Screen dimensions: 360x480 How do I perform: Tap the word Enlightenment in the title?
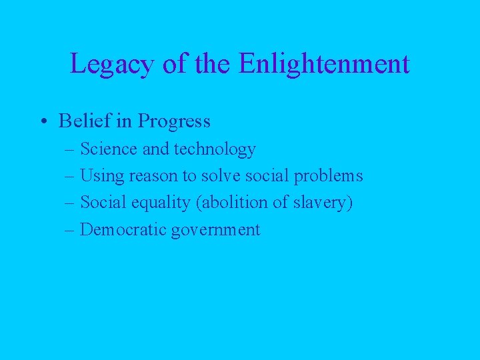[323, 64]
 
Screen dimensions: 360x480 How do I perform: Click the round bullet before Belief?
[43, 121]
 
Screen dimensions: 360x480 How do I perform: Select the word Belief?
[83, 121]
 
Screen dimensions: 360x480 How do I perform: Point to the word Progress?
[174, 121]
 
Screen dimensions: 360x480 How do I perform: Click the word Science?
[108, 149]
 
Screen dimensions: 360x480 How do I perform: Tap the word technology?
[215, 149]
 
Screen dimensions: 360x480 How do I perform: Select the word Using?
[100, 176]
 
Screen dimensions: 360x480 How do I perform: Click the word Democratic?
[123, 230]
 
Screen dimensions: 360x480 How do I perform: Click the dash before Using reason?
[71, 177]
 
